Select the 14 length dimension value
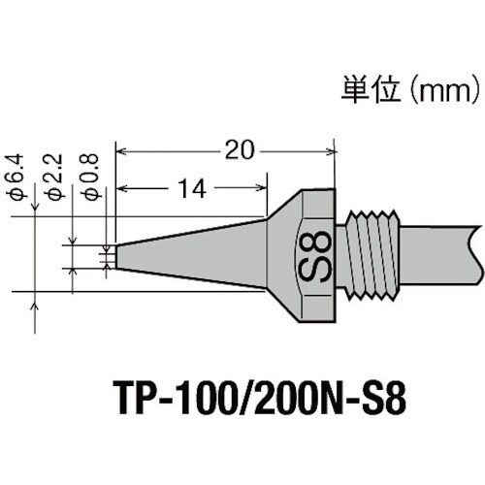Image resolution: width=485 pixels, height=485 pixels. [x=190, y=189]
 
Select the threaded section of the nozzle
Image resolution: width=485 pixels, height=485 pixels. [x=372, y=254]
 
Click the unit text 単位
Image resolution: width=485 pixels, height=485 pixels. [x=367, y=94]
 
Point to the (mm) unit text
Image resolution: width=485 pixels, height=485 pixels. [x=442, y=94]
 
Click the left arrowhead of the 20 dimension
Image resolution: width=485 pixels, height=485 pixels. [x=122, y=150]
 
